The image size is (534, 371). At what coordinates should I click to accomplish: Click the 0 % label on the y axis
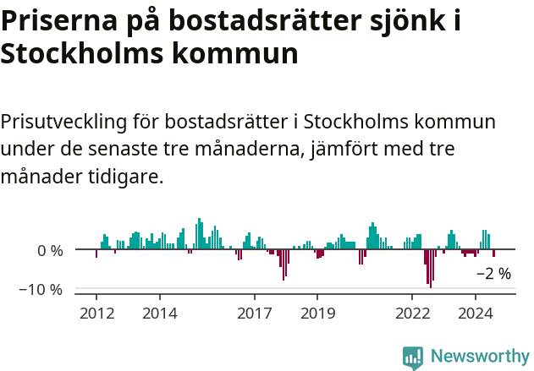(50, 251)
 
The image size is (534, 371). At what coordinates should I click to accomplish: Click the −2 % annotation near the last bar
(493, 274)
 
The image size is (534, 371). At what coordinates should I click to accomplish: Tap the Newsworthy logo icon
(413, 357)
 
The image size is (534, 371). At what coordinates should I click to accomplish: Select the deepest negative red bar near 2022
(430, 269)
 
